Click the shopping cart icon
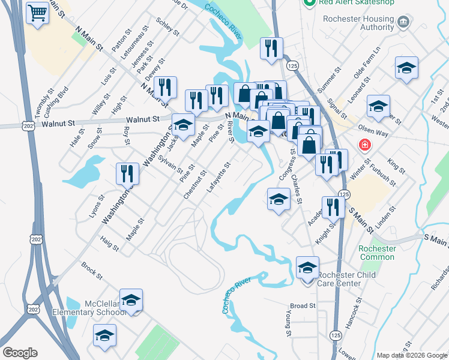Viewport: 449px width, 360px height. pos(37,12)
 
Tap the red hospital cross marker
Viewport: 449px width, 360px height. pos(364,145)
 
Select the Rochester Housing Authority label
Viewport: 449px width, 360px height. pos(358,23)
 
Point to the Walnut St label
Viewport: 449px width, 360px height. pos(58,124)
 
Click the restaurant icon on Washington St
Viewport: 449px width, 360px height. pos(127,173)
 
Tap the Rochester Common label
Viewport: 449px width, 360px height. pos(377,253)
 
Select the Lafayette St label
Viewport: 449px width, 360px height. pos(218,177)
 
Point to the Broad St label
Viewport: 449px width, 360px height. pos(303,306)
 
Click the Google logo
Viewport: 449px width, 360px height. pos(20,353)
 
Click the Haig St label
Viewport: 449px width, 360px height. pos(110,242)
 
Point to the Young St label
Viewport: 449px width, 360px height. pos(289,324)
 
